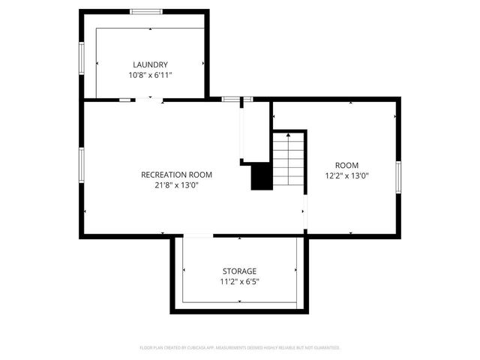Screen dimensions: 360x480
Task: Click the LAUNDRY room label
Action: click(x=150, y=64)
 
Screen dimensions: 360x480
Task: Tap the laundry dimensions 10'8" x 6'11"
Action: click(x=150, y=76)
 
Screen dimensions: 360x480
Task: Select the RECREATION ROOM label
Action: click(x=176, y=175)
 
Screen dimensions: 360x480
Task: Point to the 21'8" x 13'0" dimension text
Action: click(x=176, y=186)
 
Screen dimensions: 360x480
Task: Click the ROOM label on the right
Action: click(x=346, y=165)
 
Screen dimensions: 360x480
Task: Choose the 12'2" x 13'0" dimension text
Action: click(x=346, y=176)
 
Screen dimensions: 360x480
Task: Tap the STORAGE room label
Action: click(x=239, y=271)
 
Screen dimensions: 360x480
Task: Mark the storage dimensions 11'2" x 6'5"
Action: click(x=239, y=282)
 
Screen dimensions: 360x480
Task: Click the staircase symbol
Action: click(x=289, y=160)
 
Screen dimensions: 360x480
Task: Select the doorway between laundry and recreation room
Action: click(x=151, y=99)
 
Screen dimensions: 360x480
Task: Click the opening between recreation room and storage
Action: click(x=198, y=236)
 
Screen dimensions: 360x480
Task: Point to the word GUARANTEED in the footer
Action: click(x=324, y=348)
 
